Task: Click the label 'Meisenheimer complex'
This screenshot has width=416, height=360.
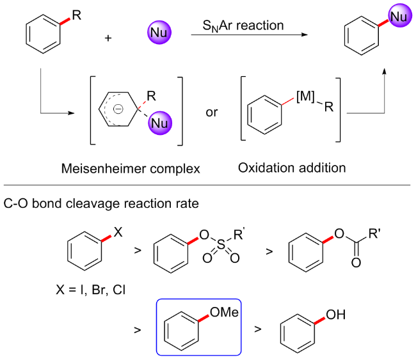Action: pyautogui.click(x=131, y=168)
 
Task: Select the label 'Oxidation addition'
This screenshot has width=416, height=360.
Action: pyautogui.click(x=292, y=168)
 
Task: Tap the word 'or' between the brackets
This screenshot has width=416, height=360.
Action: pyautogui.click(x=211, y=113)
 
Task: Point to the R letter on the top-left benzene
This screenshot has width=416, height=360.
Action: pyautogui.click(x=77, y=15)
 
